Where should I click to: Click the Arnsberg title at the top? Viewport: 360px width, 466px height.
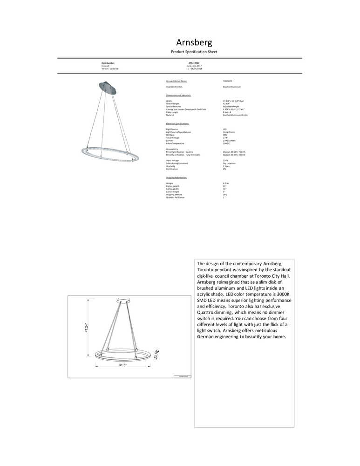194,43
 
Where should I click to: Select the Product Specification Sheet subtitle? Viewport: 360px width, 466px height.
194,52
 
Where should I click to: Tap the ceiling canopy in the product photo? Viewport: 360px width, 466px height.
108,87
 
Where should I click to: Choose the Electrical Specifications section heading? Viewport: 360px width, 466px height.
177,123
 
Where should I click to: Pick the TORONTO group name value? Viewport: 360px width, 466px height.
228,81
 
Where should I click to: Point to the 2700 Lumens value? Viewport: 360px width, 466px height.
230,140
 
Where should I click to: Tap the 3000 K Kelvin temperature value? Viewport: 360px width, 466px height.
227,143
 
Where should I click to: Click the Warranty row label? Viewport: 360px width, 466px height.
170,166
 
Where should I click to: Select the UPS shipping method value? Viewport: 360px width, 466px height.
225,195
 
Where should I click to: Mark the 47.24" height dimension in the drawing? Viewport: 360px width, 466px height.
86,328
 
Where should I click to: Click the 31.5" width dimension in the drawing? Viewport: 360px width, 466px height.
122,365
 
